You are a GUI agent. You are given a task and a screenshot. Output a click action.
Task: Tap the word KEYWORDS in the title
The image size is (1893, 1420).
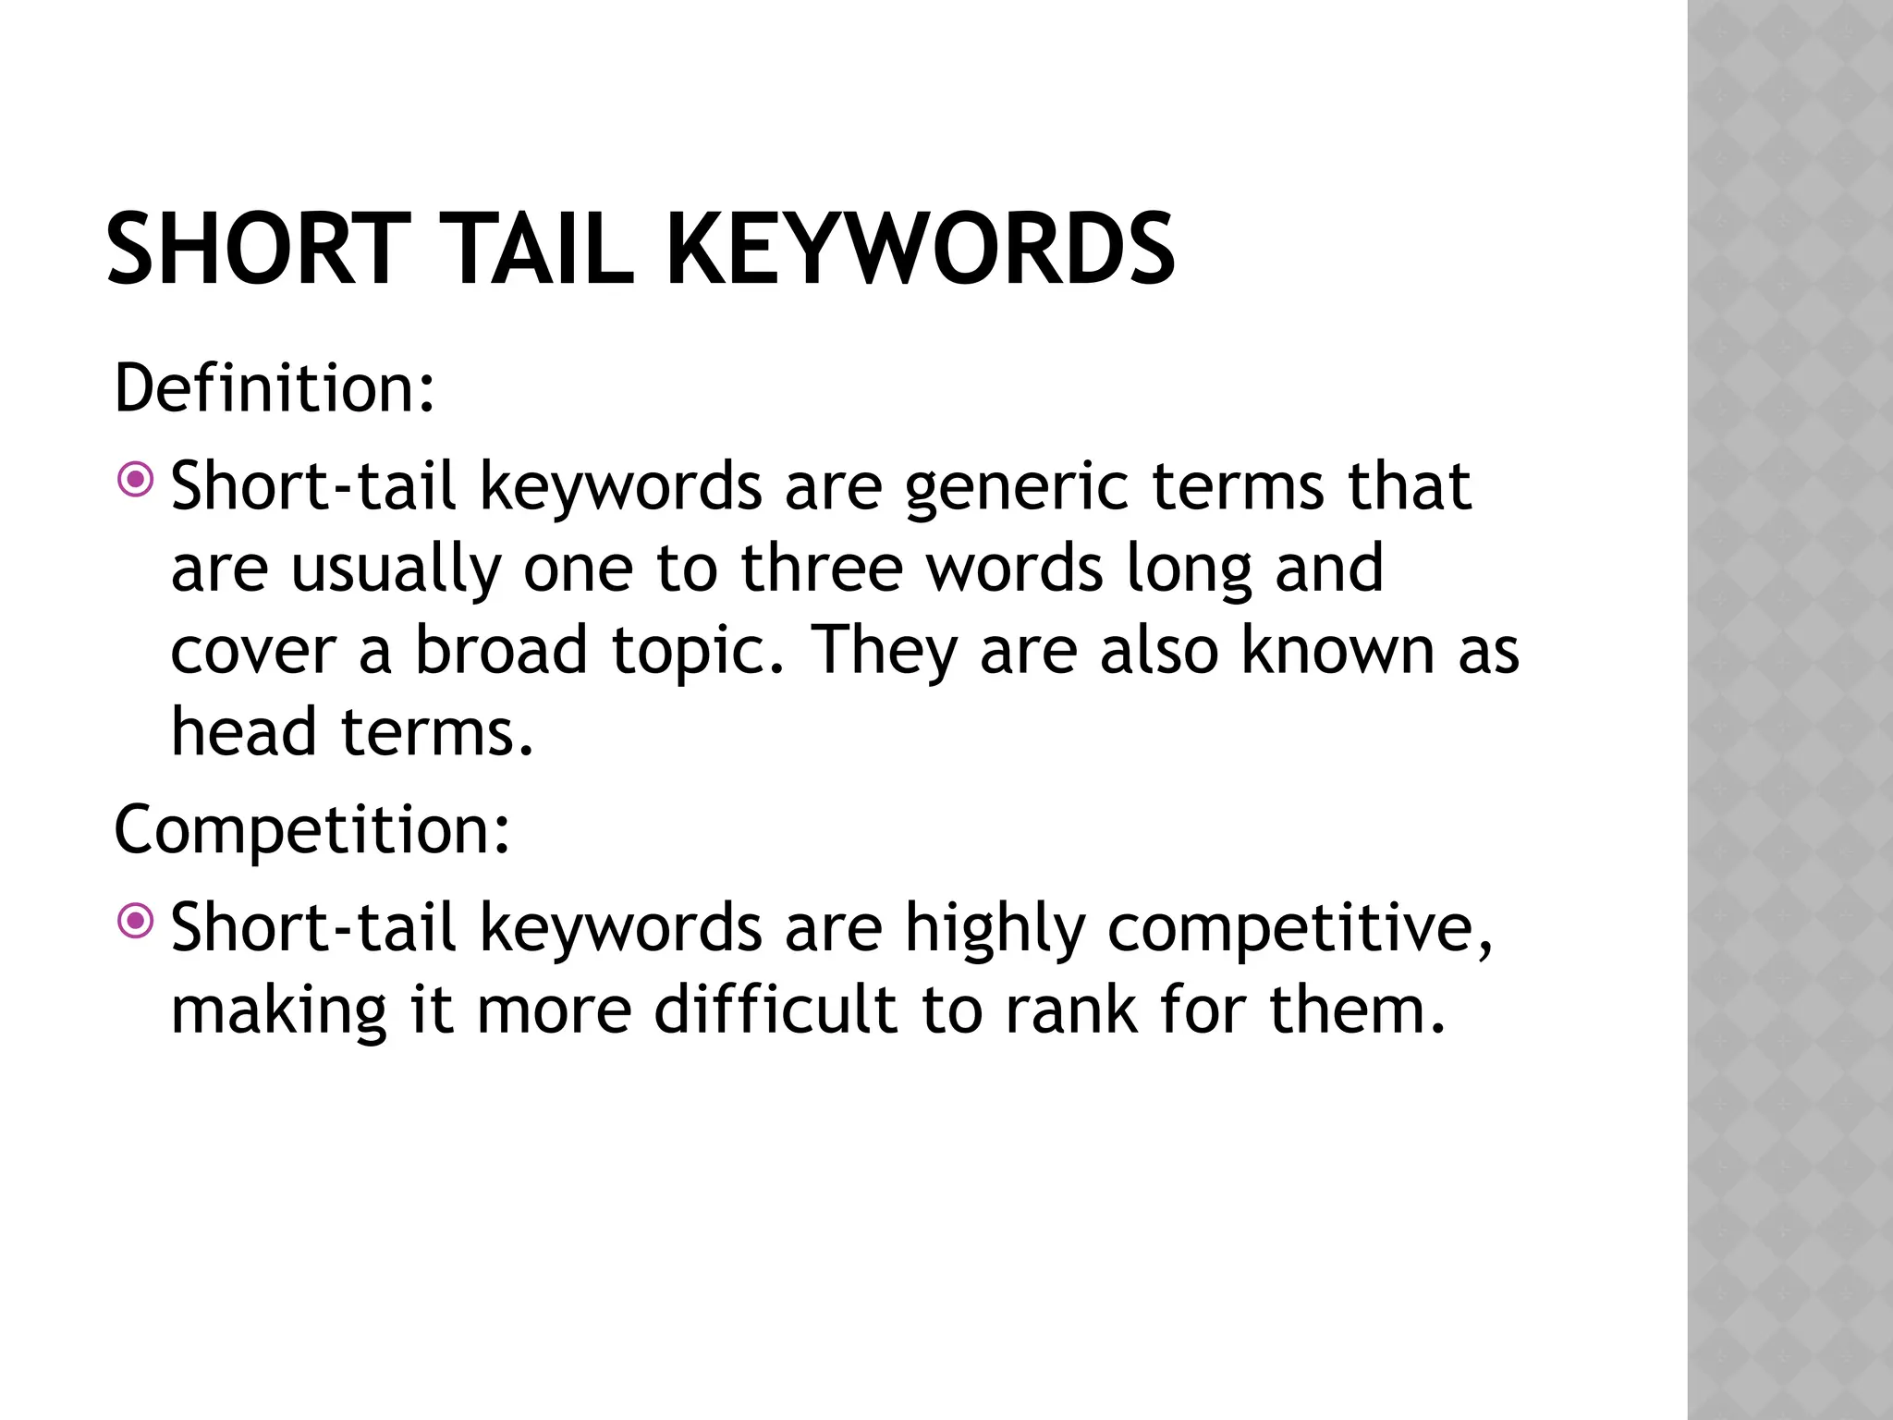pyautogui.click(x=920, y=250)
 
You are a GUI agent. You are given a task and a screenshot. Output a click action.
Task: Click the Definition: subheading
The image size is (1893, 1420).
pyautogui.click(x=275, y=388)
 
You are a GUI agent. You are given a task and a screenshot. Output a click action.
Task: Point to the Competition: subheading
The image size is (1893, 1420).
pyautogui.click(x=311, y=829)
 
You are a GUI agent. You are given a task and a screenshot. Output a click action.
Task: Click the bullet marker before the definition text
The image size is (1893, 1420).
pyautogui.click(x=138, y=480)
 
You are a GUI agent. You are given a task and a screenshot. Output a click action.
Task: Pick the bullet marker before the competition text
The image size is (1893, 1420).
pyautogui.click(x=138, y=921)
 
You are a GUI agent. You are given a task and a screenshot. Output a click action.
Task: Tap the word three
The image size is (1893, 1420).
pyautogui.click(x=822, y=568)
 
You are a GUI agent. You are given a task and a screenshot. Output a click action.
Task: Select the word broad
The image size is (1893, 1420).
pyautogui.click(x=501, y=649)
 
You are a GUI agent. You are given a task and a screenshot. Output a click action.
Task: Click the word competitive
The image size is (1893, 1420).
pyautogui.click(x=1299, y=928)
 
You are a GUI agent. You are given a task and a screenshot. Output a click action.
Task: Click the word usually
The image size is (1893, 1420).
pyautogui.click(x=396, y=569)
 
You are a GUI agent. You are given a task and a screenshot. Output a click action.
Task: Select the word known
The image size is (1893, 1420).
pyautogui.click(x=1337, y=649)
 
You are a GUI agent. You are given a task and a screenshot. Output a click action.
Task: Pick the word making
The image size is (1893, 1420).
pyautogui.click(x=278, y=1010)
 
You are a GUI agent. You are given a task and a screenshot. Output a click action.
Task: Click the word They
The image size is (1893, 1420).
pyautogui.click(x=884, y=651)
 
